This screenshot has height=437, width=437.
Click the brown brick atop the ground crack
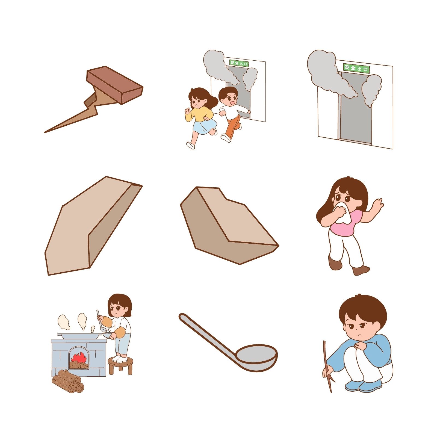click(115, 85)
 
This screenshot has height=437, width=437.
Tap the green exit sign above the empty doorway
click(356, 68)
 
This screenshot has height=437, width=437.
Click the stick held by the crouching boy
click(327, 366)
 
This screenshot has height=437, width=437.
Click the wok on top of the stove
click(79, 336)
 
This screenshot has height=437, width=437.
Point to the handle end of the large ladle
click(182, 317)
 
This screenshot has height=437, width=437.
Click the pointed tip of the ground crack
click(45, 132)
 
